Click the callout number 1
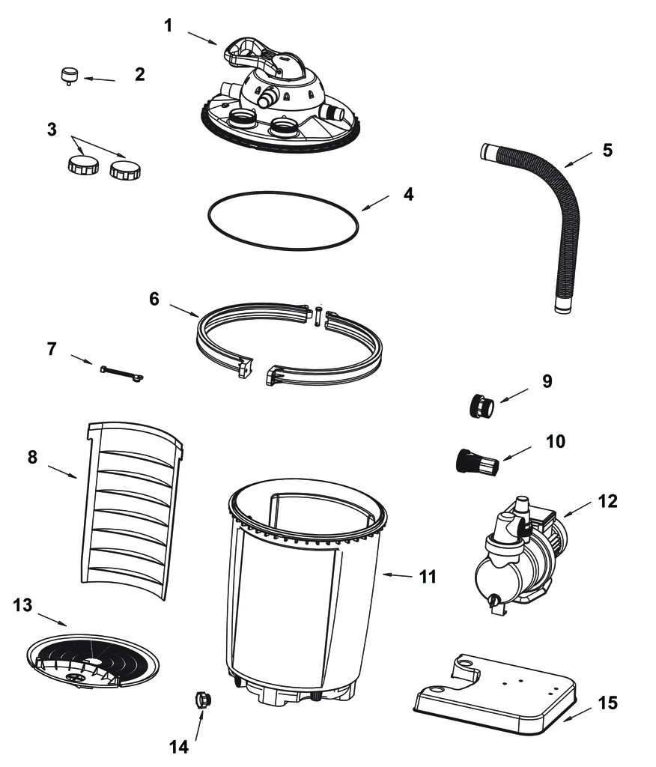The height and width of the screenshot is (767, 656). point(168,25)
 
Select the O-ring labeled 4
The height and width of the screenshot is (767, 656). point(283,221)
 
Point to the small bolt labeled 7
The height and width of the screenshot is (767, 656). point(121,373)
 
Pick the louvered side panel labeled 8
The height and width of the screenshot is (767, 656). point(130,511)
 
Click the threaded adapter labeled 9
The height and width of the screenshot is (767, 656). point(482,406)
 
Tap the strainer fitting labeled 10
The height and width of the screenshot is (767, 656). point(478,461)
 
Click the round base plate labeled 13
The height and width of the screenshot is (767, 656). point(92,662)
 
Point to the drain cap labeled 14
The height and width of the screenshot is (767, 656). point(202,700)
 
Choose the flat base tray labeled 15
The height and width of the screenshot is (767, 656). point(494,694)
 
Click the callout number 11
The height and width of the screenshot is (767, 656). point(428,577)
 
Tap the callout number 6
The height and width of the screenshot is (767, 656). point(154,298)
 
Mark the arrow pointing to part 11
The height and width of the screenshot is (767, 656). point(397,576)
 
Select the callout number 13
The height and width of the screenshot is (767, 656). point(22,605)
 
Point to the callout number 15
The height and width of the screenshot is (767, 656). point(607,703)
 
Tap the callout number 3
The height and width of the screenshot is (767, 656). point(52,130)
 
